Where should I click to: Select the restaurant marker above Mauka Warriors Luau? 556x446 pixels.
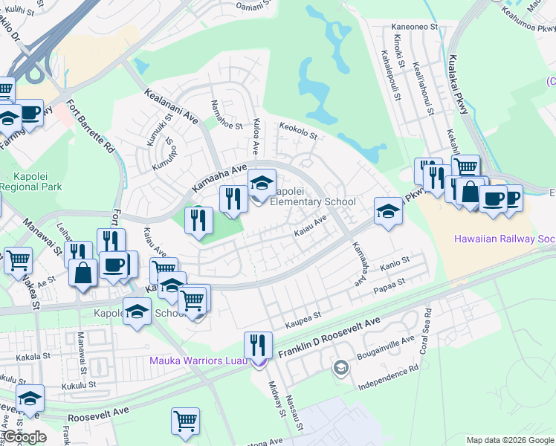[259, 346]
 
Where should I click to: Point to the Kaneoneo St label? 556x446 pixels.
[414, 27]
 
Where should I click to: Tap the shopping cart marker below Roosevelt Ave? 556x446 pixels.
[185, 421]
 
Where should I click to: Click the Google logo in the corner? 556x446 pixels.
[24, 437]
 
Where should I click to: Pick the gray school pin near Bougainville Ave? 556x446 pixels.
[340, 367]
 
